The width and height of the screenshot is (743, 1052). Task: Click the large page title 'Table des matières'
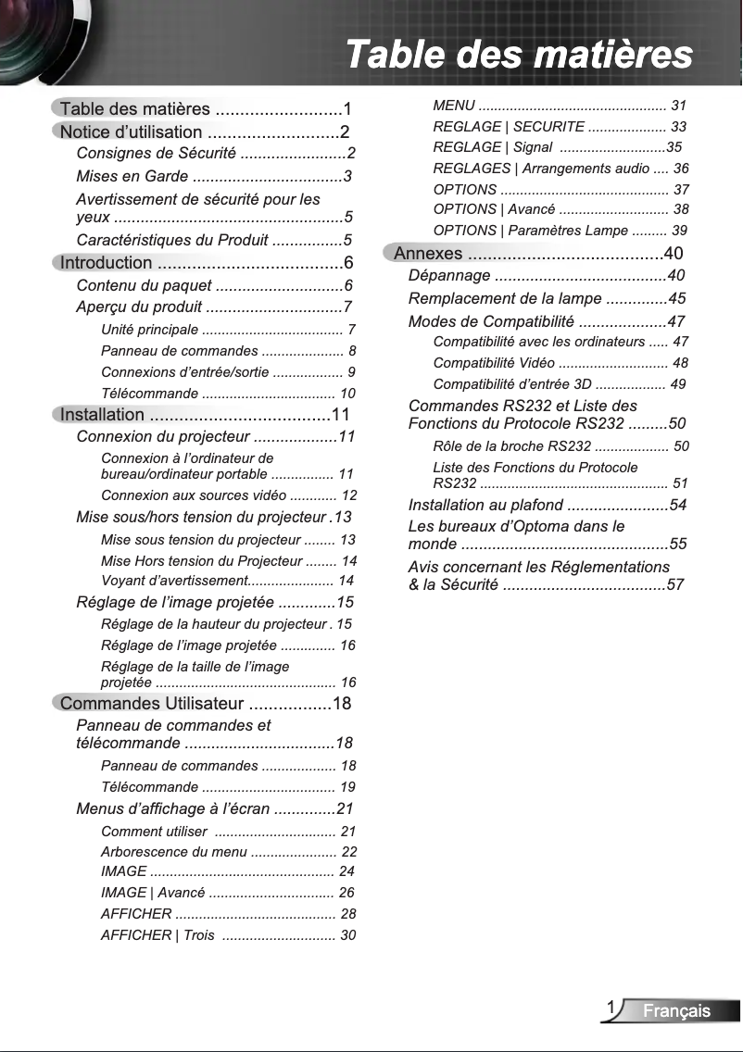tap(518, 54)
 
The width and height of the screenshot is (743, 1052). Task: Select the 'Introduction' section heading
tap(106, 263)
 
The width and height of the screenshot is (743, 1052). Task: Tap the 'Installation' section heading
tap(102, 414)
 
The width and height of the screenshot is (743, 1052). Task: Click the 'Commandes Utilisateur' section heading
tap(151, 704)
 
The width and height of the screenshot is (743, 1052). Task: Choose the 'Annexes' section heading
tap(428, 254)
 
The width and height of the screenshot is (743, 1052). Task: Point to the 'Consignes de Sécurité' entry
tap(156, 153)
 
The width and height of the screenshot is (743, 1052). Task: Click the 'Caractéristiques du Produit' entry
tap(171, 241)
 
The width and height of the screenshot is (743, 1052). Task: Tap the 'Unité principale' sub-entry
tap(149, 329)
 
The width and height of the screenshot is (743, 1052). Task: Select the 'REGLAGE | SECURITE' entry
tap(509, 126)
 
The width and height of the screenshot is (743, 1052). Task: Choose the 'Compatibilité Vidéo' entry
tap(494, 362)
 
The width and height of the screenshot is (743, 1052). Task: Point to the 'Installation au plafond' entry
tap(485, 505)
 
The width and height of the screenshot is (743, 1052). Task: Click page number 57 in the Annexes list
tap(675, 584)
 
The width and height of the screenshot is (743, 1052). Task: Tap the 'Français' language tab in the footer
tap(677, 1010)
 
